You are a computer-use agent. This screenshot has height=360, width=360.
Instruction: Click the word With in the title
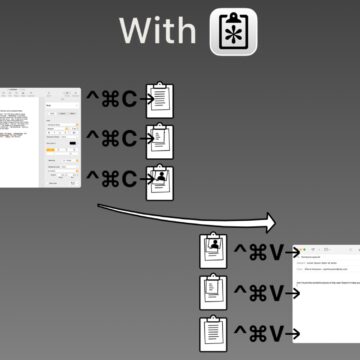click(x=157, y=31)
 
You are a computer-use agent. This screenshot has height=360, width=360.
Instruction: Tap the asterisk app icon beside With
click(x=233, y=31)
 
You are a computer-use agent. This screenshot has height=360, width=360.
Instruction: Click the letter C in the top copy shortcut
click(x=128, y=99)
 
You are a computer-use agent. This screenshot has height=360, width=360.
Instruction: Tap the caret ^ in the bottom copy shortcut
click(x=92, y=180)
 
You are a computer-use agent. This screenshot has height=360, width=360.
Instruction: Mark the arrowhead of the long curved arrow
click(x=273, y=224)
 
